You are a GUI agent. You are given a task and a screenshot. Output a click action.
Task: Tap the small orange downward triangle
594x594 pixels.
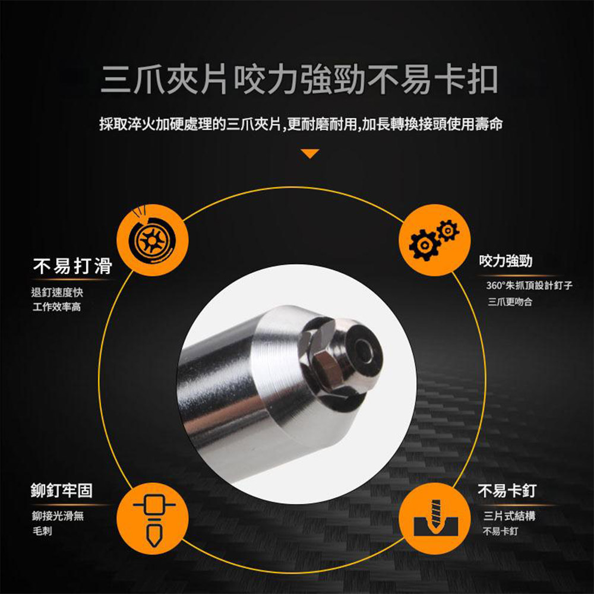[310, 154]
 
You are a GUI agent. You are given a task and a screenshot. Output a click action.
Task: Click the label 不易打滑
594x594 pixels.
[72, 267]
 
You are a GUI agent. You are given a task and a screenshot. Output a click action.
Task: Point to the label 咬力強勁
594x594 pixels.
[505, 261]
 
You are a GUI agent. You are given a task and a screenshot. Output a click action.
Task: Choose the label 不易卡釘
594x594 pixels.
[507, 491]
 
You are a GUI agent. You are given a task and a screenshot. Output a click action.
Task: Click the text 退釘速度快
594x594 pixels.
[56, 292]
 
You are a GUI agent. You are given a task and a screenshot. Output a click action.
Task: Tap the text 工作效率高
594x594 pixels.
[56, 308]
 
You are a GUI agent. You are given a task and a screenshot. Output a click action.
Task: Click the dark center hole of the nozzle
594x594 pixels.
[361, 354]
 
